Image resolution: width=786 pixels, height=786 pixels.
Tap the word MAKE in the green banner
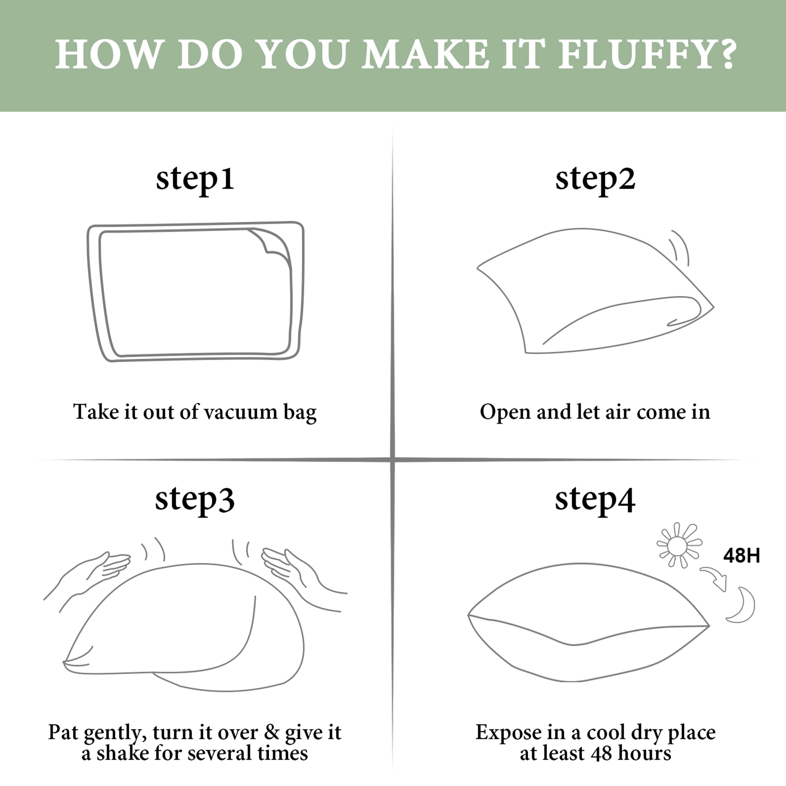tap(426, 54)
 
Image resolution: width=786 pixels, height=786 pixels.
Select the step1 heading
tap(195, 179)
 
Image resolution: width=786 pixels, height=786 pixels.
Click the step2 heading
tap(595, 179)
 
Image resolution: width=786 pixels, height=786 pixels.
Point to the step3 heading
tap(195, 499)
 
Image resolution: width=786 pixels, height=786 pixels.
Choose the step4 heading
tap(595, 499)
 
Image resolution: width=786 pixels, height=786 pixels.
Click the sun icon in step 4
tap(679, 545)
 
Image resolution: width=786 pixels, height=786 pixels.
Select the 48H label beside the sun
tap(742, 556)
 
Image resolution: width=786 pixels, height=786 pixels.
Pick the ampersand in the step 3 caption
tap(272, 732)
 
